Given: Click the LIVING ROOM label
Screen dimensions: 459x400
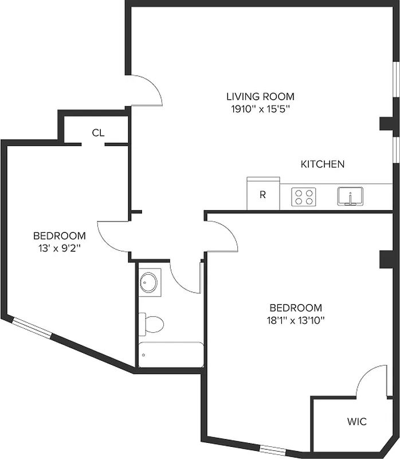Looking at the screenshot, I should pos(260,96).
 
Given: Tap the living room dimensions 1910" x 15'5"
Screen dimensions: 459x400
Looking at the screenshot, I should pos(260,109).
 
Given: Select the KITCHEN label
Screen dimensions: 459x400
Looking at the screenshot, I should pos(323,164).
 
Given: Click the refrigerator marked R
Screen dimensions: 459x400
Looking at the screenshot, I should pos(263,194).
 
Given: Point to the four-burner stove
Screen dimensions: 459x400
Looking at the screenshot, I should pos(303,197).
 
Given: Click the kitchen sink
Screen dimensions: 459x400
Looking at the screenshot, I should pos(350,196).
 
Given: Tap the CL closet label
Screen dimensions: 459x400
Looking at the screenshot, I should pos(98,133).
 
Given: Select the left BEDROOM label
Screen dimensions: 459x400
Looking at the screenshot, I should pos(60,236).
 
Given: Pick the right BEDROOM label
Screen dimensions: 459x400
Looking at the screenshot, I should pos(295,308).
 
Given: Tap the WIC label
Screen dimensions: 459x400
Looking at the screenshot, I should pos(356,422).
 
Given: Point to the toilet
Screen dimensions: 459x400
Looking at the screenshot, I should pos(152,324).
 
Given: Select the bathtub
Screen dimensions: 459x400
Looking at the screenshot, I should pos(171,355).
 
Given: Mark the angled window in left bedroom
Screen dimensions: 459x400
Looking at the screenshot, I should pos(33,328).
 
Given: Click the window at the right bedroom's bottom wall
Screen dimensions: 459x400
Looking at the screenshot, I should pos(273,449).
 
